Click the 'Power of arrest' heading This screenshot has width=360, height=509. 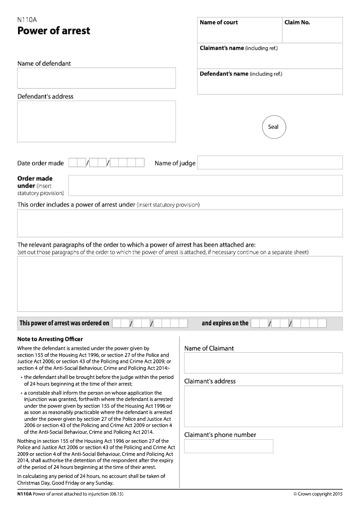(54, 31)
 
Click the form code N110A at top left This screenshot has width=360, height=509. (27, 20)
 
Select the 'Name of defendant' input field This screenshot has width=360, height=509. (96, 78)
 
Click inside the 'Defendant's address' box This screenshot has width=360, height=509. (96, 122)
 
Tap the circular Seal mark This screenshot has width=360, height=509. (274, 127)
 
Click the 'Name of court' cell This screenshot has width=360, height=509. (240, 30)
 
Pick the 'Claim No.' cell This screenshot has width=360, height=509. (312, 30)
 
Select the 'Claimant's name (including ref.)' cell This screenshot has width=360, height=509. (270, 56)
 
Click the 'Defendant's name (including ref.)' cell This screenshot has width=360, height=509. (270, 81)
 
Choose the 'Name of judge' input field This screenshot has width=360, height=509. (270, 162)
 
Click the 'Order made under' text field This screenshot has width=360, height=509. (205, 185)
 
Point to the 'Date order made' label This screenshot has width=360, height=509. (40, 163)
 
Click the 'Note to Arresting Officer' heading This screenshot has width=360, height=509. (50, 339)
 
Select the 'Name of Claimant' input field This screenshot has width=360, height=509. (263, 363)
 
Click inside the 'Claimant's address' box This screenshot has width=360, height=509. (263, 406)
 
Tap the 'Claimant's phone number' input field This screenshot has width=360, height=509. (229, 446)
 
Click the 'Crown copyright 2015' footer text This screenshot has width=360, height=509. (318, 494)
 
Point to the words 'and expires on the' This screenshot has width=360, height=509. (225, 323)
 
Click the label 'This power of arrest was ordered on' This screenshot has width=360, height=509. (64, 323)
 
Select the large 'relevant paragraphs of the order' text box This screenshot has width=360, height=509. (180, 284)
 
